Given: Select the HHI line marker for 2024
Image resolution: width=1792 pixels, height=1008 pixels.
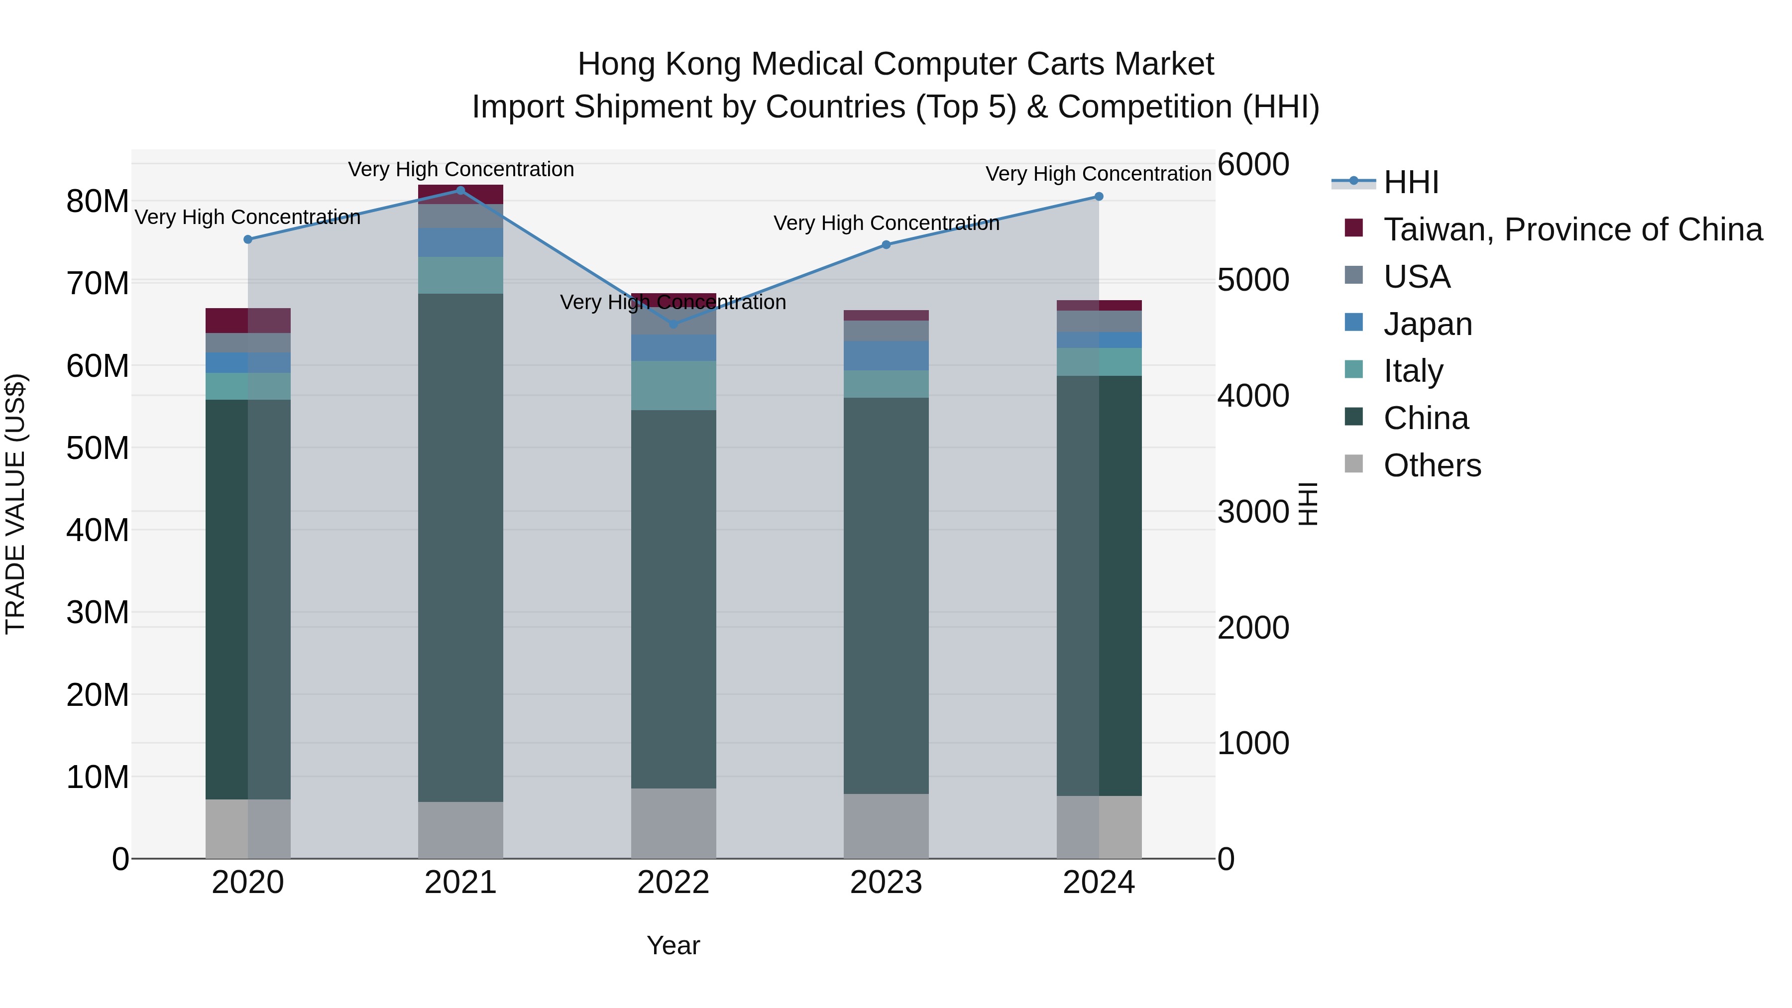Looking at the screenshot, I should point(1099,197).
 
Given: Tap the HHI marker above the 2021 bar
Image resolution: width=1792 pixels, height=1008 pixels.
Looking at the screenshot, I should point(460,191).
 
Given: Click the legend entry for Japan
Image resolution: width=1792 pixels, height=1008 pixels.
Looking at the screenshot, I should point(1428,324).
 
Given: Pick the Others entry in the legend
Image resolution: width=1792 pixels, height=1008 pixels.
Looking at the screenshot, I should point(1432,465).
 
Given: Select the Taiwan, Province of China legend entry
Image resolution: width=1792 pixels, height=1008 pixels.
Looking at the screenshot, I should point(1572,229).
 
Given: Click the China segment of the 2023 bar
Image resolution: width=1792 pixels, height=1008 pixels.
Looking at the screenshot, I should point(886,595).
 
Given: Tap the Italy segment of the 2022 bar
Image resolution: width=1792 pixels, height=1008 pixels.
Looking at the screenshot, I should point(673,385).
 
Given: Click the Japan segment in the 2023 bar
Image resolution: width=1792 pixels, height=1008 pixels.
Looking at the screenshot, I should point(886,355).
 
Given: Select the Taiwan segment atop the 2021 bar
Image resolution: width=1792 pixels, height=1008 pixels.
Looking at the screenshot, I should point(460,194).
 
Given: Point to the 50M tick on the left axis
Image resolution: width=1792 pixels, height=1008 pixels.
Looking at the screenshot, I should point(98,448).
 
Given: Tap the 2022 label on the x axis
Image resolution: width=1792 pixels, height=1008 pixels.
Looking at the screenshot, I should point(673,883).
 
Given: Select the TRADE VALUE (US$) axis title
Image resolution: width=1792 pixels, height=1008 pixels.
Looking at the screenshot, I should point(15,504).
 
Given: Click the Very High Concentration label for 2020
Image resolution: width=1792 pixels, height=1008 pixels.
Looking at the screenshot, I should point(248,217).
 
